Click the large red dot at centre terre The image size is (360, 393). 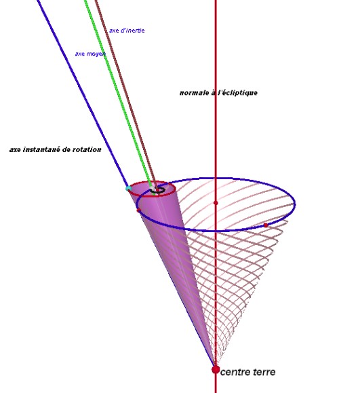(x=216, y=369)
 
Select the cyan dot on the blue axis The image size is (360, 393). (x=128, y=188)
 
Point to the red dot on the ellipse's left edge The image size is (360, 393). (x=138, y=210)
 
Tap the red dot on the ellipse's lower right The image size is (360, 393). (x=266, y=225)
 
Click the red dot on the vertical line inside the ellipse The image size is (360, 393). (x=216, y=202)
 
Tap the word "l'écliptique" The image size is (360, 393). (x=237, y=93)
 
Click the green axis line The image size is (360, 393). (x=118, y=93)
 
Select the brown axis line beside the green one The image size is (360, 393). (x=125, y=93)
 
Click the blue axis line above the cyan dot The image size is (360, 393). (x=82, y=93)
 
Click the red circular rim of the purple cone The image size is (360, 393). (x=151, y=196)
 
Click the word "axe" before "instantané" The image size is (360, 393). (x=16, y=150)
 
